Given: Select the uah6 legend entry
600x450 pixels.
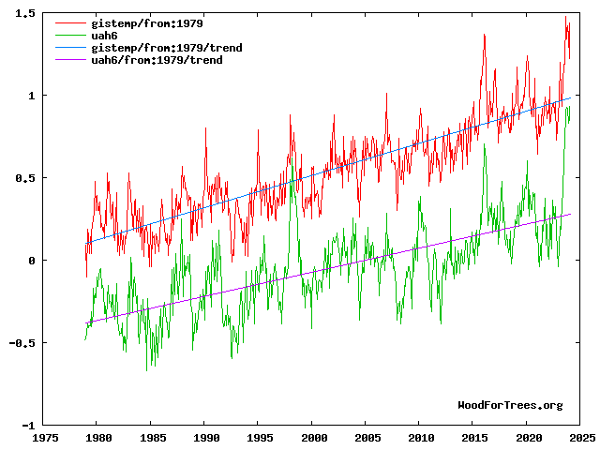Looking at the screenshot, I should click(105, 35).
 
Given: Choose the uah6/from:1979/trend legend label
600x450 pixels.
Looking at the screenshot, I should click(157, 59).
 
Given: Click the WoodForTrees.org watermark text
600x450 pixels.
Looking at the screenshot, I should click(510, 405).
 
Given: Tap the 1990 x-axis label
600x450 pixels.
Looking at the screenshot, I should click(207, 437).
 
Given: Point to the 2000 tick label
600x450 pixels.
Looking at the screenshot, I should click(315, 437).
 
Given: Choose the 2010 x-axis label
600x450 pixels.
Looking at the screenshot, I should click(422, 437).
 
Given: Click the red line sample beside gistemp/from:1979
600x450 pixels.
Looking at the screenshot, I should click(69, 22).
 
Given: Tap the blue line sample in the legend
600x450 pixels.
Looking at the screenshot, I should click(69, 47).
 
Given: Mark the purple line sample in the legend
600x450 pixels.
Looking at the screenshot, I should click(69, 59).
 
